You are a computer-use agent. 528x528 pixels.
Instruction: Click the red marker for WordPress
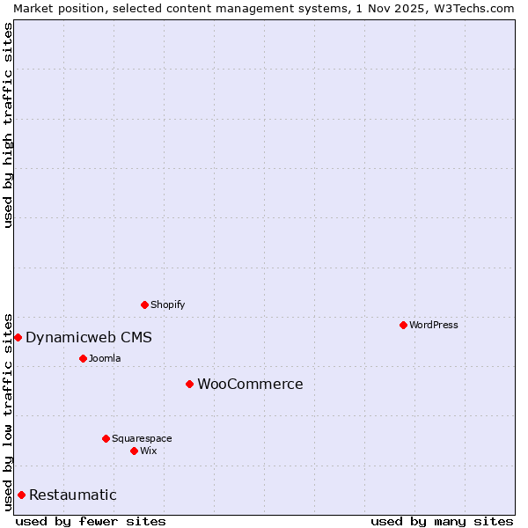click(x=403, y=325)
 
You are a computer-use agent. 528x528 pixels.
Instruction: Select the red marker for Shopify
click(x=145, y=304)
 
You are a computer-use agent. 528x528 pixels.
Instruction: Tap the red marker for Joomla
click(x=83, y=358)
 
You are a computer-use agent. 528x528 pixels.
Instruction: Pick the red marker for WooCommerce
click(x=189, y=384)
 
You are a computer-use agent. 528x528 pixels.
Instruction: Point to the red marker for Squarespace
click(x=106, y=438)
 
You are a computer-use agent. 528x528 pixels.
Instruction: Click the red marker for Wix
click(x=134, y=451)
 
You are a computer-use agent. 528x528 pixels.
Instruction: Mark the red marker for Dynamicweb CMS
click(x=18, y=337)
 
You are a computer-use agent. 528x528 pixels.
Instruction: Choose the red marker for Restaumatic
click(x=21, y=495)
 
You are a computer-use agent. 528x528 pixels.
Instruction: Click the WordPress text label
click(x=434, y=325)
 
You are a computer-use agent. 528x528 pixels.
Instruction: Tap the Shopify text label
click(x=168, y=304)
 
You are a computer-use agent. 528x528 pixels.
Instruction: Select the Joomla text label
click(x=105, y=358)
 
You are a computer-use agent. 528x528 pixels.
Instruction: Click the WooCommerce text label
click(x=250, y=384)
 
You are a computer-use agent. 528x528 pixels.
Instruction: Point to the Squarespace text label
click(x=142, y=438)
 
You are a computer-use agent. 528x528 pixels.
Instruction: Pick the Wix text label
click(x=149, y=451)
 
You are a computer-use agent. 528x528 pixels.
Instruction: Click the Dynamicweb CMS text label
click(x=89, y=337)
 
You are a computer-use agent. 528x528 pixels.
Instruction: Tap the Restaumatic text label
click(x=73, y=495)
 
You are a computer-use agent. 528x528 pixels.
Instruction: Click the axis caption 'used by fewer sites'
click(x=91, y=521)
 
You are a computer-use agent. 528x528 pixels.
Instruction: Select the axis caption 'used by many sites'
click(x=442, y=521)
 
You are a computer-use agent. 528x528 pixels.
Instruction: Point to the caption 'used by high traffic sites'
click(x=8, y=126)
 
